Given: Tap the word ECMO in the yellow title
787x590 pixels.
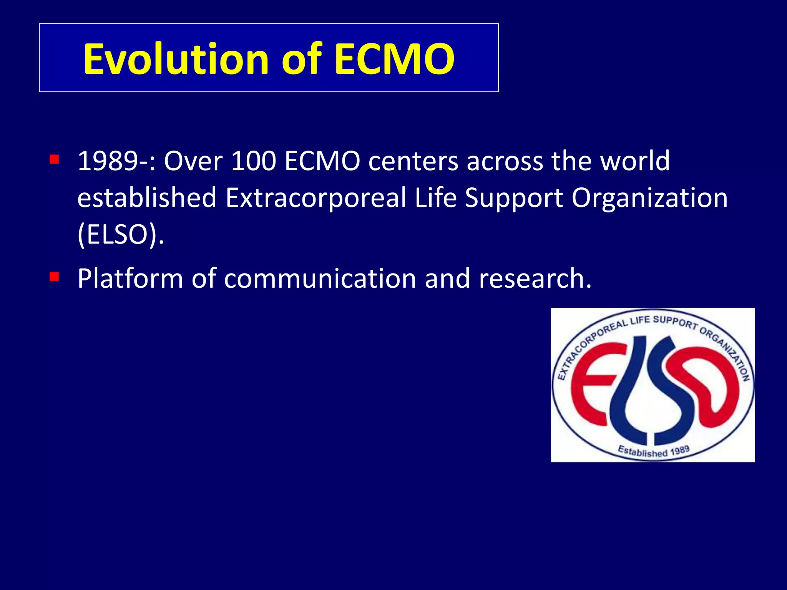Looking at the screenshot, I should [x=394, y=59].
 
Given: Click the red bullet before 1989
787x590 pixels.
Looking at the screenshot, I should [x=54, y=159].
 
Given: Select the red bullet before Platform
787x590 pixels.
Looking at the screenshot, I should [x=54, y=277].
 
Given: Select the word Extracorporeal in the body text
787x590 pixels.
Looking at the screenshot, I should [x=315, y=198].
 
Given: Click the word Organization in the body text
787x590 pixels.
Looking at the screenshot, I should [x=649, y=198].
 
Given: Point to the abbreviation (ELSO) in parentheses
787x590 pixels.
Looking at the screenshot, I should [x=120, y=235].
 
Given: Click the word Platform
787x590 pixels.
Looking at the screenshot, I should [x=130, y=278].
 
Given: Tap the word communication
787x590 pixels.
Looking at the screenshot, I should [x=320, y=278].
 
